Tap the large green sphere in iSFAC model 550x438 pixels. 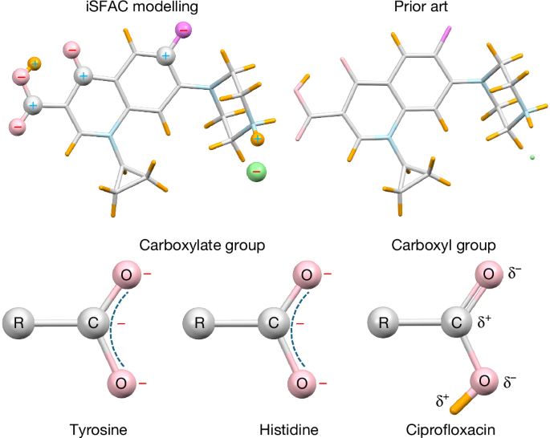[257, 172]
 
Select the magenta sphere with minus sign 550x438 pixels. [183, 30]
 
